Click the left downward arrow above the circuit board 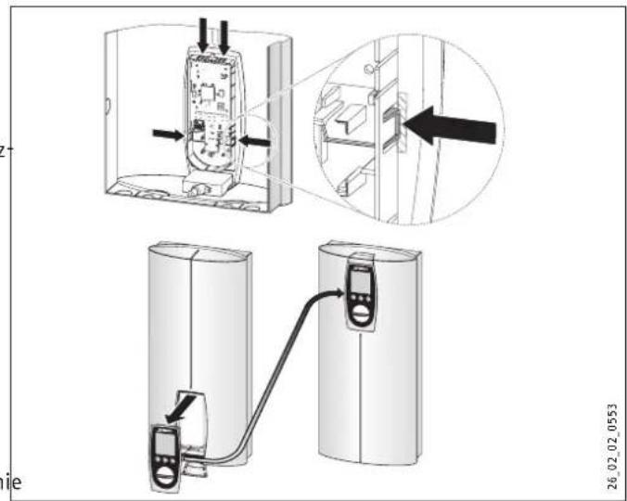point(202,34)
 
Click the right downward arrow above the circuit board point(224,34)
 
